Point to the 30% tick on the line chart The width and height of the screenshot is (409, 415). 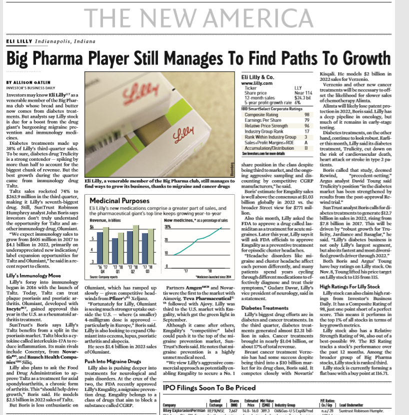point(167,226)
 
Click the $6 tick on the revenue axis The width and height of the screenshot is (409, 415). point(91,226)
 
